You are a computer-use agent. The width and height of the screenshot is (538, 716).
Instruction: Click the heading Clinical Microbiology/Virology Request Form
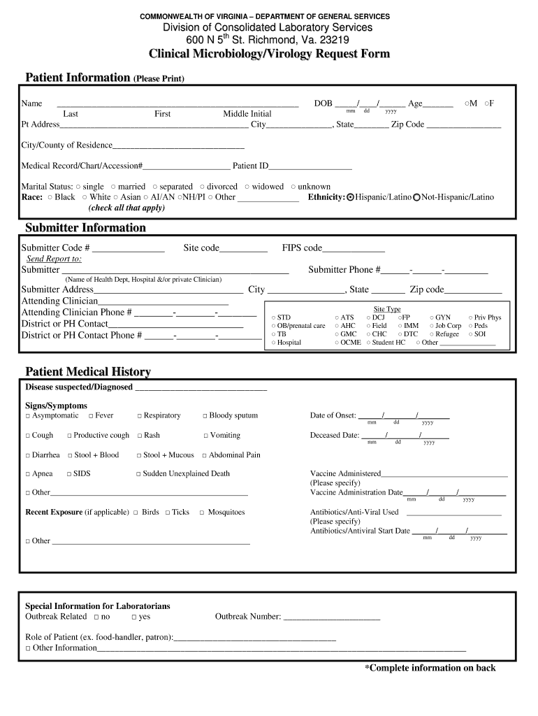click(269, 55)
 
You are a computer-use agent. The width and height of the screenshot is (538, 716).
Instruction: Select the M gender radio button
click(467, 103)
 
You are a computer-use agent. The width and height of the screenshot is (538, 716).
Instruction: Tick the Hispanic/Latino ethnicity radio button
click(351, 197)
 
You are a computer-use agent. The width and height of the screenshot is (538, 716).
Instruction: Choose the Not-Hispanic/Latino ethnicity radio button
click(416, 197)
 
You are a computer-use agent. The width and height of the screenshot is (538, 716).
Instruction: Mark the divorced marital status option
click(202, 187)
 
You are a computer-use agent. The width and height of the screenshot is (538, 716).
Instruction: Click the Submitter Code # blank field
click(128, 248)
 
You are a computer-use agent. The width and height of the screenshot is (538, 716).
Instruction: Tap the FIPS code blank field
click(354, 248)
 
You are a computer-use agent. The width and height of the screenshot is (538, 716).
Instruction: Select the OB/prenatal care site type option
click(274, 326)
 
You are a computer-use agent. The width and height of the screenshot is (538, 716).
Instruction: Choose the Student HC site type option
click(369, 343)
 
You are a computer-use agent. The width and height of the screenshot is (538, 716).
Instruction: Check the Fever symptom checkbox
click(91, 416)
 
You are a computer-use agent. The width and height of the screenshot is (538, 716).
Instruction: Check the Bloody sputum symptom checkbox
click(205, 416)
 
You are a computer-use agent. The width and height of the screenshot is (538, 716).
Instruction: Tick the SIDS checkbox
click(70, 474)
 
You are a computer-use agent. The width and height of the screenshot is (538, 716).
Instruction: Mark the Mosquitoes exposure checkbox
click(202, 513)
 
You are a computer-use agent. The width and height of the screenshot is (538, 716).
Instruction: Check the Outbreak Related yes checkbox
click(134, 617)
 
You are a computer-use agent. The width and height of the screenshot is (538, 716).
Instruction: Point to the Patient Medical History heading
click(88, 371)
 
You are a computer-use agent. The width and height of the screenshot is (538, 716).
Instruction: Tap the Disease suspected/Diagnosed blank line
click(201, 388)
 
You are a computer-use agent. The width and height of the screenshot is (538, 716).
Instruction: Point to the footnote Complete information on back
click(430, 668)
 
